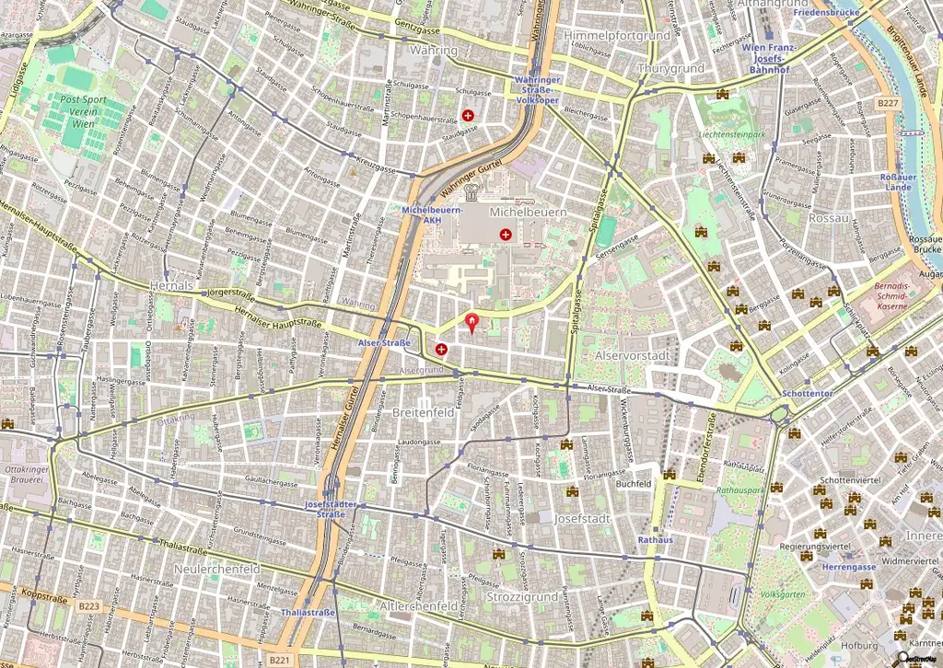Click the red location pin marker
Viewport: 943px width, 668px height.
click(x=473, y=322)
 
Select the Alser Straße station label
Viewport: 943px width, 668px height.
click(x=383, y=342)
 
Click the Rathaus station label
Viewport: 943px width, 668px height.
click(x=655, y=540)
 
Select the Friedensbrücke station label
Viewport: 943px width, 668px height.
click(x=826, y=13)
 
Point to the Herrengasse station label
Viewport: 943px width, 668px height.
click(x=848, y=568)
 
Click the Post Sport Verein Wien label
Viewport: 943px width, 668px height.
click(x=82, y=111)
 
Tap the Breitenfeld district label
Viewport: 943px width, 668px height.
click(x=424, y=413)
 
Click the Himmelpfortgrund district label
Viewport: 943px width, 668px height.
click(x=616, y=35)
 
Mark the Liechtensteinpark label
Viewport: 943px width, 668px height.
click(x=732, y=134)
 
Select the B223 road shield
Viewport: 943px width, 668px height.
click(x=88, y=605)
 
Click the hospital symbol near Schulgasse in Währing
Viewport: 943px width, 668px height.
click(x=468, y=116)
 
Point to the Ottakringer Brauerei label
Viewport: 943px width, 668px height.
click(x=28, y=475)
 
